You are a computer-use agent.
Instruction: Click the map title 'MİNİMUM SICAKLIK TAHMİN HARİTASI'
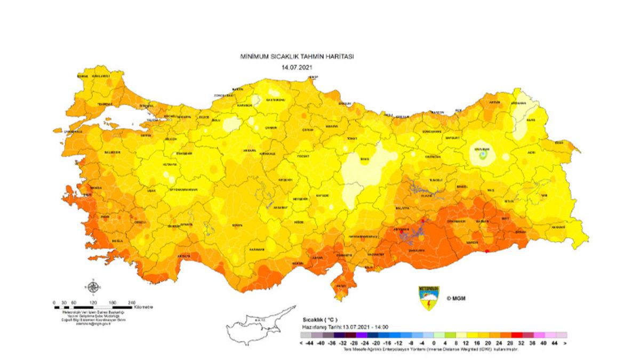pos(297,57)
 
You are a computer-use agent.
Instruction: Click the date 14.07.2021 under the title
pos(297,67)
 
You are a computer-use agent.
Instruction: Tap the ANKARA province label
pos(251,150)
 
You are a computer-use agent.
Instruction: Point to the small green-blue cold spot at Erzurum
pos(483,155)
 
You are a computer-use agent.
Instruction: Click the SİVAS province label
pos(364,158)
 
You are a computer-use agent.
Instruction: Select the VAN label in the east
pos(544,195)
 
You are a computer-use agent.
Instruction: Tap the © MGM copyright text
pos(457,298)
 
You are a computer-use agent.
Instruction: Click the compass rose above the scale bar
pos(93,287)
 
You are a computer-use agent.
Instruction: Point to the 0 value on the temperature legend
pos(434,343)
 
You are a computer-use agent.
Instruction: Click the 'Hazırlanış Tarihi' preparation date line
pos(345,327)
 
